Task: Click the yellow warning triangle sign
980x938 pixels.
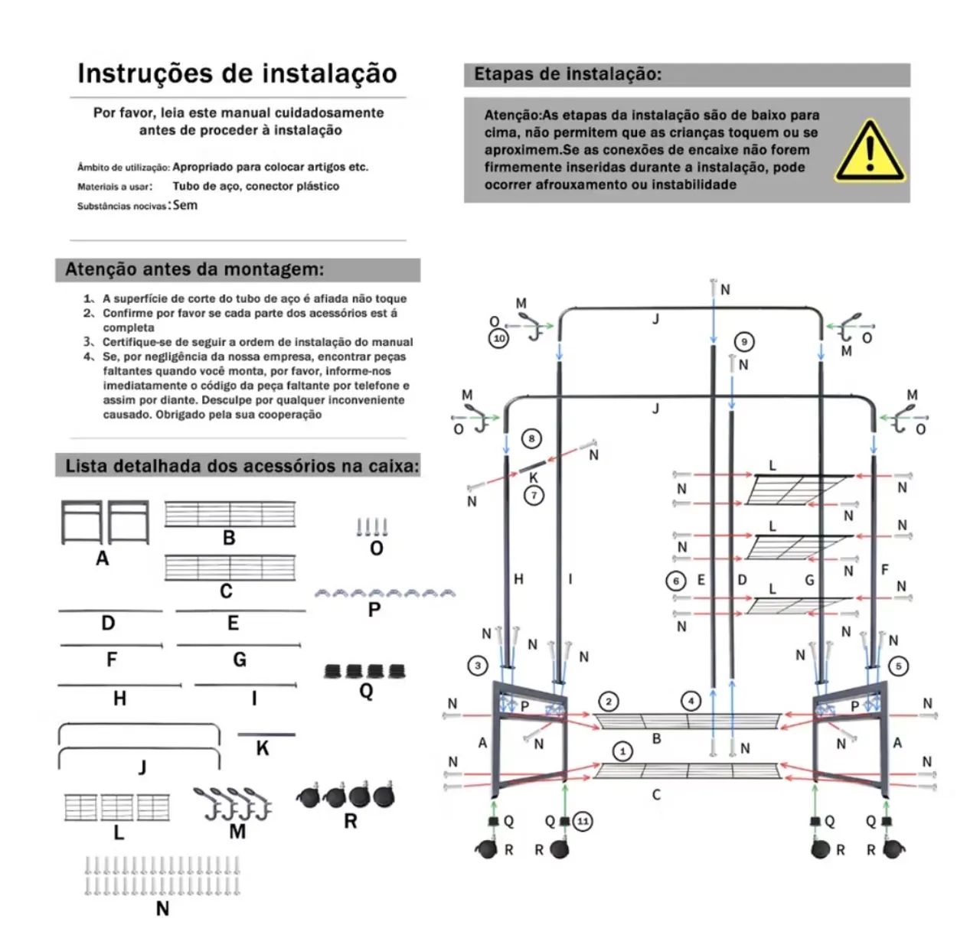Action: [870, 152]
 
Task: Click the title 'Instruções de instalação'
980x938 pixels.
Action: [237, 73]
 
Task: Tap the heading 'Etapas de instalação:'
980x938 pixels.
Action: [567, 74]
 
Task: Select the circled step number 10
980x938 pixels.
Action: [499, 338]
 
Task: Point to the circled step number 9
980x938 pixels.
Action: [744, 342]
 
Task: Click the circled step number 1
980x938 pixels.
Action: [623, 752]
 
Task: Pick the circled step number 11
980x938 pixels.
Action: [583, 821]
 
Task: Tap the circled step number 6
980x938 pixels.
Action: [676, 581]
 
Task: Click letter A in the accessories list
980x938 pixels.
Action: [103, 558]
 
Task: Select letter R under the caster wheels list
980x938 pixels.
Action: [351, 821]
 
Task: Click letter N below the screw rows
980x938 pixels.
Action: [162, 909]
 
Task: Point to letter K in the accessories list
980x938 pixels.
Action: [263, 748]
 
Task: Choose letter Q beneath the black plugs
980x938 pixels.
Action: [366, 692]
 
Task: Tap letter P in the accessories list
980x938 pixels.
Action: [374, 610]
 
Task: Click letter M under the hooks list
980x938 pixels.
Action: [237, 832]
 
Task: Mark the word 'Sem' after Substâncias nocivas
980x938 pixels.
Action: [185, 205]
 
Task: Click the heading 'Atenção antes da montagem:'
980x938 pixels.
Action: [194, 269]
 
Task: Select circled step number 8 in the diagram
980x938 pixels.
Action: [531, 438]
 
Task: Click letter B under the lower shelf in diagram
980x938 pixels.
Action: [657, 739]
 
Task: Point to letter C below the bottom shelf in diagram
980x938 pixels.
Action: [656, 795]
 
